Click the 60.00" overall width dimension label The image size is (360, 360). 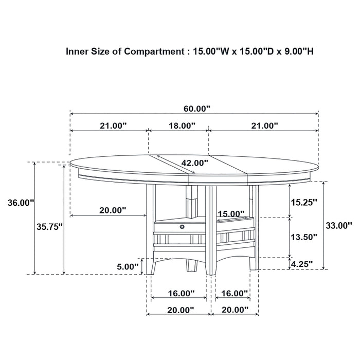[196, 109]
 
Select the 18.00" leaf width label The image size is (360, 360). [181, 125]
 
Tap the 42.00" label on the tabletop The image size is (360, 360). [195, 163]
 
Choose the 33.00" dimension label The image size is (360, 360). [338, 225]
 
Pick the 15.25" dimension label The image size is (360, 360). [303, 202]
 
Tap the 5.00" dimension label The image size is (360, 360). [127, 266]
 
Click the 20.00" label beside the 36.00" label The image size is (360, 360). [112, 210]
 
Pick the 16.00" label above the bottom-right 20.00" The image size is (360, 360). [233, 293]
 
